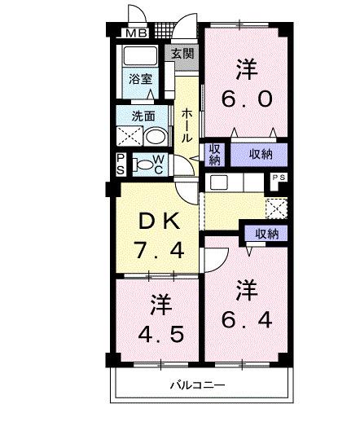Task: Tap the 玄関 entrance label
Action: tap(183, 55)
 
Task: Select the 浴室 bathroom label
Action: tap(140, 79)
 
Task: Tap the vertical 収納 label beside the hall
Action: tap(214, 154)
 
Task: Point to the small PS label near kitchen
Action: tap(278, 177)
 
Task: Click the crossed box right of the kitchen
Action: tap(277, 207)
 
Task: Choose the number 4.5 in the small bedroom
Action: tap(160, 334)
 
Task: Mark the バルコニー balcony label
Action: tap(197, 386)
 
